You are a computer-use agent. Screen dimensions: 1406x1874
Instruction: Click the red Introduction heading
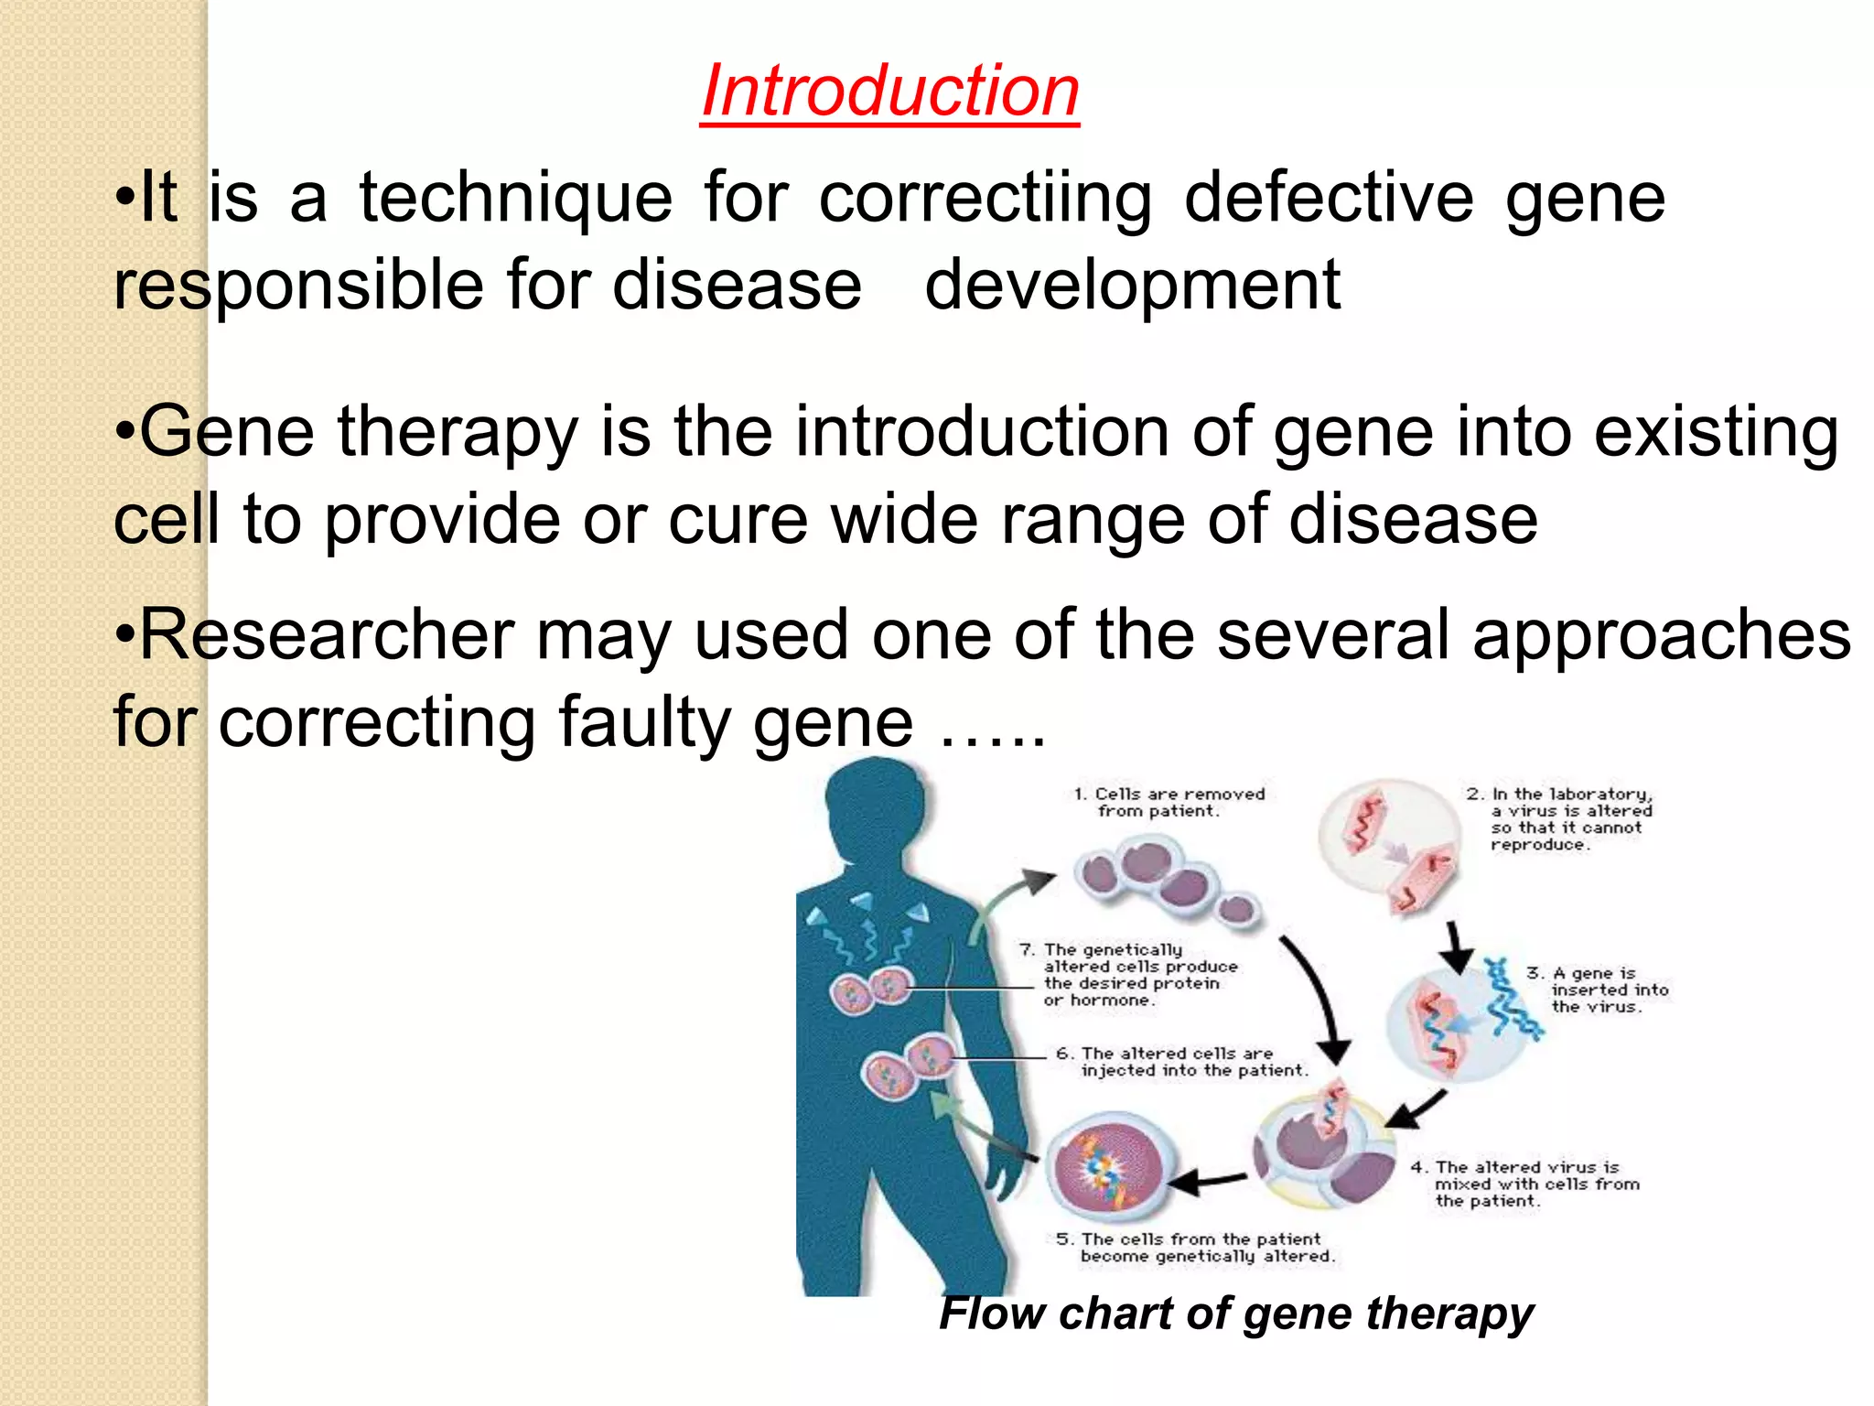pyautogui.click(x=889, y=92)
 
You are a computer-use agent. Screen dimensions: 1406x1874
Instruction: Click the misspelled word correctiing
pyautogui.click(x=985, y=200)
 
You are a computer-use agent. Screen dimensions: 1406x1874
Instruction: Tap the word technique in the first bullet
pyautogui.click(x=515, y=200)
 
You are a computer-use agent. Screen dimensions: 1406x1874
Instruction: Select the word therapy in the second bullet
pyautogui.click(x=458, y=433)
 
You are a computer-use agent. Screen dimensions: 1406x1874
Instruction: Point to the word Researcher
pyautogui.click(x=327, y=635)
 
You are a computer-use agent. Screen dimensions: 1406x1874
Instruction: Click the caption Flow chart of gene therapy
pyautogui.click(x=1235, y=1314)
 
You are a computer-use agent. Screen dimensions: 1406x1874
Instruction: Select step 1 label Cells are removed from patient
pyautogui.click(x=1169, y=802)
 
